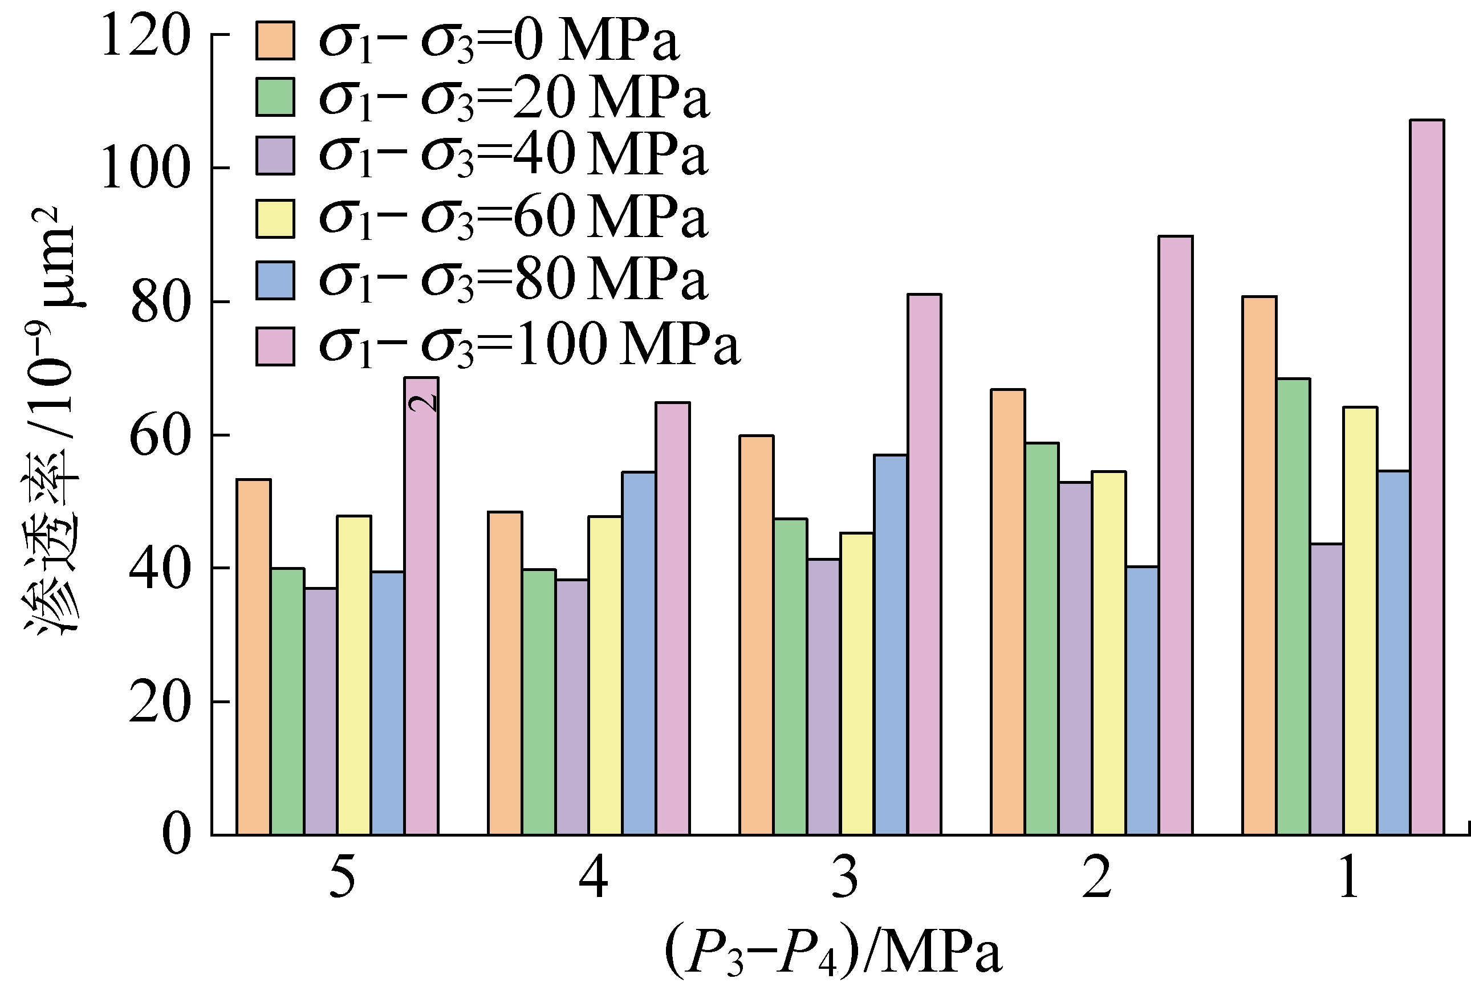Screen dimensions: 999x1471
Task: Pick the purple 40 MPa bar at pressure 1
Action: coord(1327,689)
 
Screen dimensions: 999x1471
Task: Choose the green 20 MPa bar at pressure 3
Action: coord(790,676)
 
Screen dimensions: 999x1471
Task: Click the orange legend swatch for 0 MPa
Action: coord(275,40)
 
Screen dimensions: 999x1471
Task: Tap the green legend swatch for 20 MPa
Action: coord(275,97)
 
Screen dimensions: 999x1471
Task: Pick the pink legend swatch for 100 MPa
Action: coord(275,346)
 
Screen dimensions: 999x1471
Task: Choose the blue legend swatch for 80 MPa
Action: coord(275,280)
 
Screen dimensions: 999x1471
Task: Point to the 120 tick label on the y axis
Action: coord(145,36)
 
